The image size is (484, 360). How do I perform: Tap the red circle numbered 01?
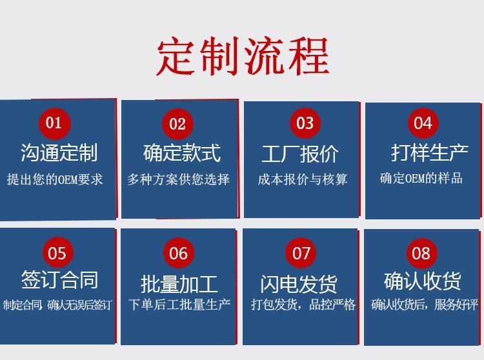[x=54, y=123]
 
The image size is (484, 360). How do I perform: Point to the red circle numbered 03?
[x=305, y=123]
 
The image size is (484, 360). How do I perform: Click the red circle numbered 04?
[x=423, y=123]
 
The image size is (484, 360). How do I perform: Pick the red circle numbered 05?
[x=57, y=253]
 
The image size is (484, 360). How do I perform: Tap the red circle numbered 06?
[x=178, y=253]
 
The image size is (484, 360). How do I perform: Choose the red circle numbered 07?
[x=301, y=253]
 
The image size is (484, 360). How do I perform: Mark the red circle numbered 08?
[x=421, y=253]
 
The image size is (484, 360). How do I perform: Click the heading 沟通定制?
[x=59, y=153]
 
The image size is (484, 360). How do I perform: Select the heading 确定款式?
[x=181, y=153]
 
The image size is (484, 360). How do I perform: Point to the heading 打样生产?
[x=429, y=153]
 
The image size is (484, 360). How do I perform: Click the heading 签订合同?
[x=59, y=280]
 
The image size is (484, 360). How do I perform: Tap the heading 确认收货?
[x=423, y=281]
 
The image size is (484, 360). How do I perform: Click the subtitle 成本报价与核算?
[x=303, y=179]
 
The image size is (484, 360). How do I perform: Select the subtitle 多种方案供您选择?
[x=178, y=179]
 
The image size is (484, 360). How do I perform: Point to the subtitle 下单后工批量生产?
[x=179, y=304]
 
